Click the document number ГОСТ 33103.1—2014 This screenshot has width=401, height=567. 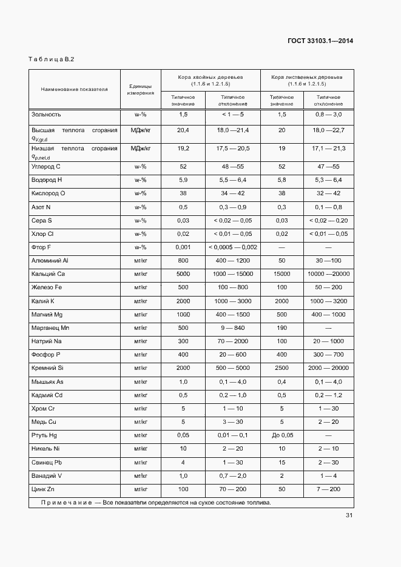click(320, 41)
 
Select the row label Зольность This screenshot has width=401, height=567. click(46, 115)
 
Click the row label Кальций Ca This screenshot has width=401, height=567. click(49, 274)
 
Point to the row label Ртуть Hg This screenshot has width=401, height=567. click(44, 435)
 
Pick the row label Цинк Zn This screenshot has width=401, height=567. click(43, 489)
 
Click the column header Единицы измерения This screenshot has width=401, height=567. click(141, 90)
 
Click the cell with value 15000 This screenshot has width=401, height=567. click(281, 274)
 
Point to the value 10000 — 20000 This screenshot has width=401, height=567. click(328, 274)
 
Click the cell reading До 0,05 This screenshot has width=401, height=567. click(281, 435)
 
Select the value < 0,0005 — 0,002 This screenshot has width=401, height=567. click(232, 247)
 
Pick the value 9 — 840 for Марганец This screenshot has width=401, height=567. click(232, 328)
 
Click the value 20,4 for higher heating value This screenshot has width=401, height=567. click(183, 130)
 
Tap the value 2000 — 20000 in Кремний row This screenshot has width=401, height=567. click(328, 368)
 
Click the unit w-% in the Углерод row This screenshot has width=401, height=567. click(141, 167)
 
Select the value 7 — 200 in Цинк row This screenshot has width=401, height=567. click(328, 489)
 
